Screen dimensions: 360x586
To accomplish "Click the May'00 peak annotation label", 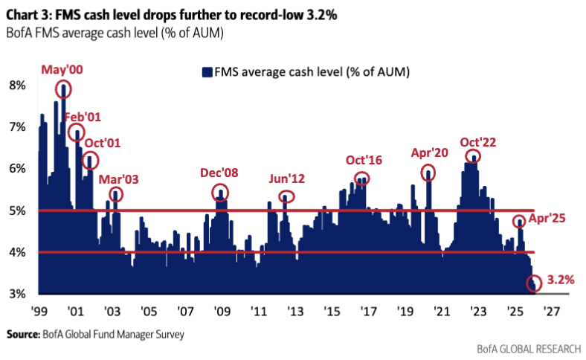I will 62,69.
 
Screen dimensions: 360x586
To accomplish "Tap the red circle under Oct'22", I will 472,156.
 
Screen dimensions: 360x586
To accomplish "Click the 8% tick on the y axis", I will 17,86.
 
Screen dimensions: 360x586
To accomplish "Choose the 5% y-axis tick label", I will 17,210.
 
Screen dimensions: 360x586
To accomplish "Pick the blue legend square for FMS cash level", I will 206,72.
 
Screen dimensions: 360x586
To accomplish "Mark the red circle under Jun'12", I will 287,196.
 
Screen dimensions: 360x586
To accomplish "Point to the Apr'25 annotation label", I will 549,220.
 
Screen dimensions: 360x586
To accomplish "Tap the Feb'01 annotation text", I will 83,117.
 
